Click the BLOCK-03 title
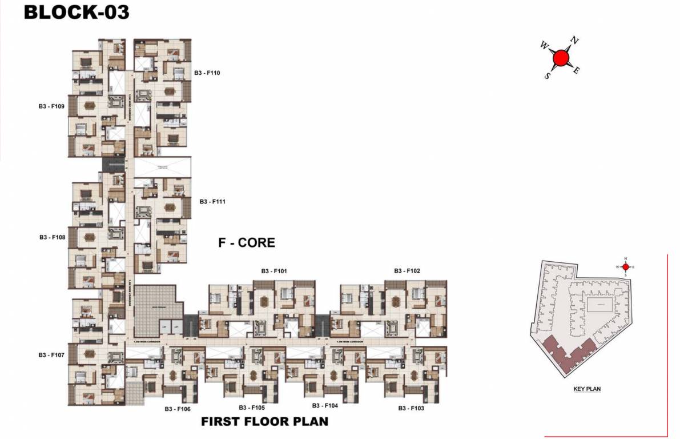77,12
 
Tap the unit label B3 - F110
207,73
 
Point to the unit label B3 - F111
214,202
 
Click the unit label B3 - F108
52,237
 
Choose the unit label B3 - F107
51,355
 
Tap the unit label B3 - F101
273,271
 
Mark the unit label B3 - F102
407,271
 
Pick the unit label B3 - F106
178,409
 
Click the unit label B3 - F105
252,408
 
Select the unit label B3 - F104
325,405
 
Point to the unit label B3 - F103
411,408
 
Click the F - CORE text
247,243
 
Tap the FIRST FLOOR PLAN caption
265,422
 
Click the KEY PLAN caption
587,389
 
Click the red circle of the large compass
561,57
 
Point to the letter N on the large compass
575,41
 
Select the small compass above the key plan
625,266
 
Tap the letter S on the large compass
547,75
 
